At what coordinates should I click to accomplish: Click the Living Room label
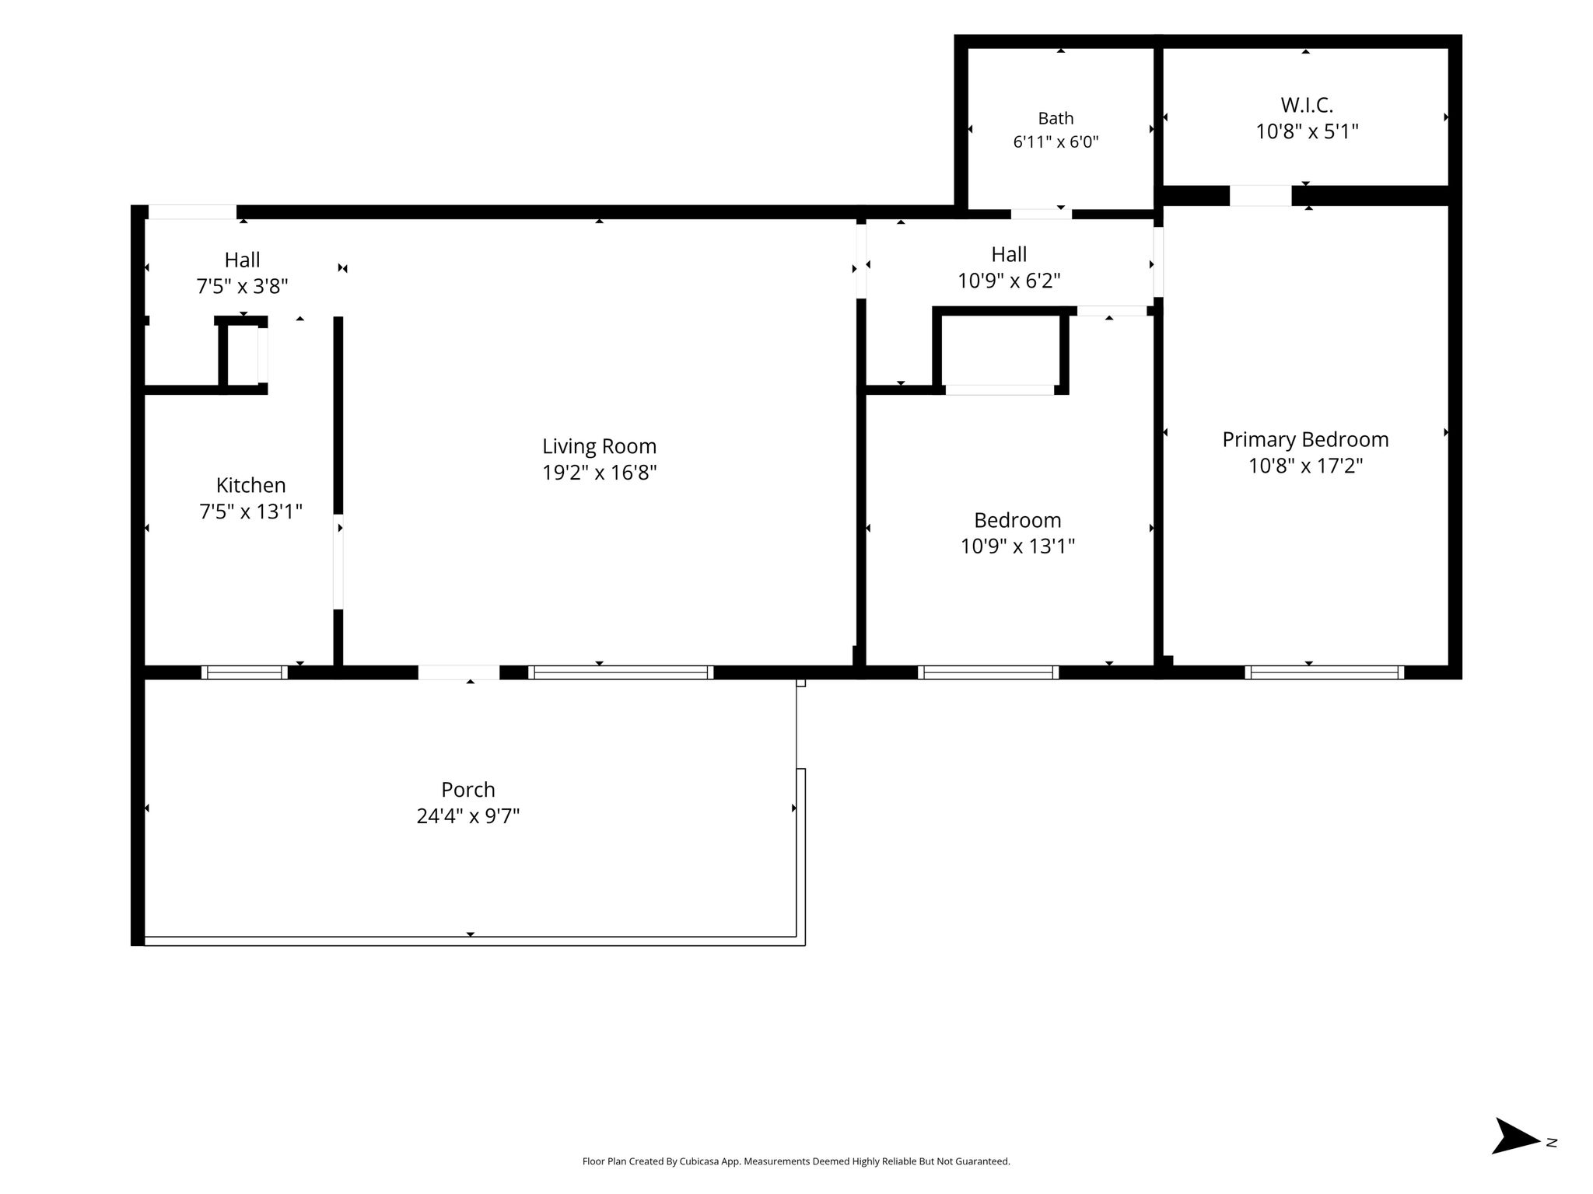click(599, 446)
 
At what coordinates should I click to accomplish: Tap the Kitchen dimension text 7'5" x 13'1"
click(250, 511)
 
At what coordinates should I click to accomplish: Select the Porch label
click(468, 790)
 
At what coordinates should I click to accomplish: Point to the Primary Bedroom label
click(1305, 440)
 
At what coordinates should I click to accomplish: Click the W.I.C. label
click(1307, 105)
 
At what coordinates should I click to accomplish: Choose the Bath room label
click(1056, 118)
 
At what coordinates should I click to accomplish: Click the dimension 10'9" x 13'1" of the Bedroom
click(1017, 546)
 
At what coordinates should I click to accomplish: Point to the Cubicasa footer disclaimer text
click(796, 1161)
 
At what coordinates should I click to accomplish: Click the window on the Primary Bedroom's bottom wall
click(1324, 672)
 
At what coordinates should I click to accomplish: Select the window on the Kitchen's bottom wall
click(244, 672)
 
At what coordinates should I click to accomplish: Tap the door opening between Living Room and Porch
click(459, 672)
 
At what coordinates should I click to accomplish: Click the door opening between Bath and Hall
click(1041, 214)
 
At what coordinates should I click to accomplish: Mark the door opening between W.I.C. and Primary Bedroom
click(1260, 196)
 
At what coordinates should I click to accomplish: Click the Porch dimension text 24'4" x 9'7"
click(468, 816)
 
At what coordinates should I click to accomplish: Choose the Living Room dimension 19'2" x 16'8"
click(599, 473)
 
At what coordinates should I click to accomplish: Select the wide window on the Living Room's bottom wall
click(621, 672)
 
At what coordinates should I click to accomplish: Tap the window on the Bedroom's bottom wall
click(988, 672)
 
